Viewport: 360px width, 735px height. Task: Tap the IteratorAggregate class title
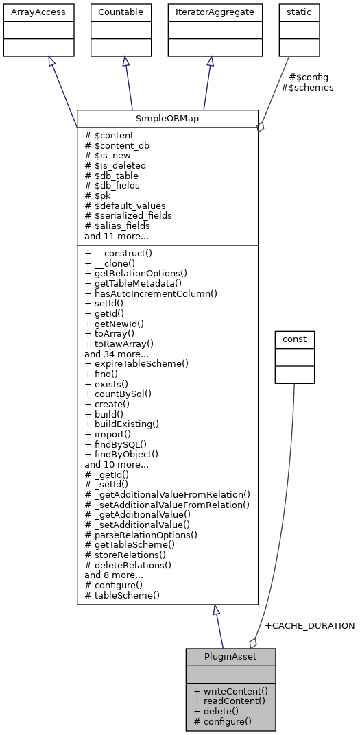tap(215, 12)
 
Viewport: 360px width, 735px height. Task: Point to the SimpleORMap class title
tap(167, 118)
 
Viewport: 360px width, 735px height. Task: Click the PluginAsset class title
tap(230, 657)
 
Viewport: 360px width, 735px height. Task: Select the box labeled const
tap(294, 339)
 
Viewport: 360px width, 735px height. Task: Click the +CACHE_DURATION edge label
tap(309, 626)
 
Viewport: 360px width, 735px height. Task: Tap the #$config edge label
tap(309, 77)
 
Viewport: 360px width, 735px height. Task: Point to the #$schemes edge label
tap(307, 88)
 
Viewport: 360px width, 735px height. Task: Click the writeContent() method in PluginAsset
tap(230, 691)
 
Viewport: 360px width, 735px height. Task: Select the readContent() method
tap(230, 701)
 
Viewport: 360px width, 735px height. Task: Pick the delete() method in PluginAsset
tap(216, 711)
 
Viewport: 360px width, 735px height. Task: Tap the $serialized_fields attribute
tap(128, 215)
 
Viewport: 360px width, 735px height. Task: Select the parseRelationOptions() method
tap(141, 535)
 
